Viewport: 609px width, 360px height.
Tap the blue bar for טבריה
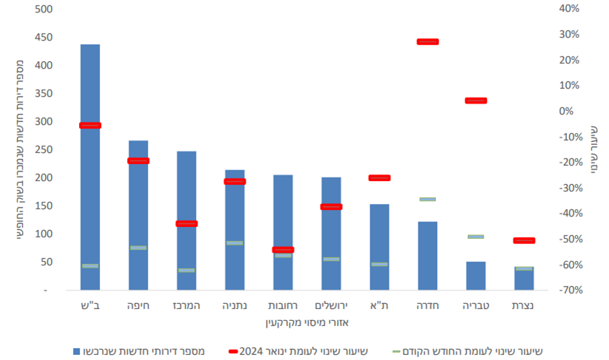[x=476, y=276]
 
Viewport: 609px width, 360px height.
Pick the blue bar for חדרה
[x=428, y=255]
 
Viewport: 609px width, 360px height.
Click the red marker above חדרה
[x=428, y=41]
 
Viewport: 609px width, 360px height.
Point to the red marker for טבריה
[x=476, y=101]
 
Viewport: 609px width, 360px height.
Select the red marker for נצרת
[x=524, y=240]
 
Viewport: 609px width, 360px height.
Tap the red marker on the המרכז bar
[x=186, y=223]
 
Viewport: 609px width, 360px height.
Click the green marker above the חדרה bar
[x=428, y=199]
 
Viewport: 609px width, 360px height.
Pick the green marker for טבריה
[x=476, y=237]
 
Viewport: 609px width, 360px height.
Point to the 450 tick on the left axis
[x=44, y=38]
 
